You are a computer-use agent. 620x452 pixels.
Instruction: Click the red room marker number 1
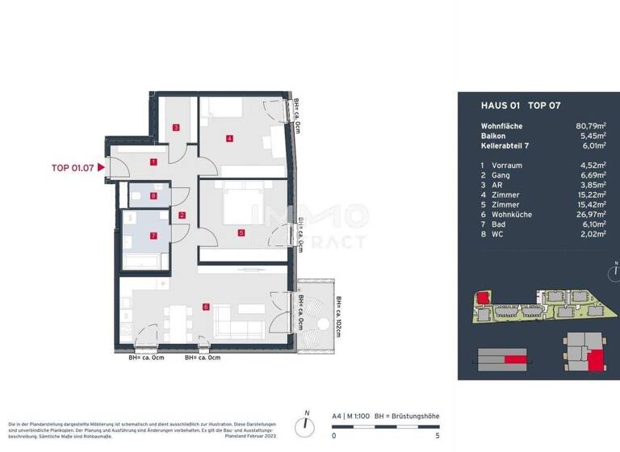click(153, 161)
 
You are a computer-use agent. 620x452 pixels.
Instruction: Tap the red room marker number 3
click(176, 128)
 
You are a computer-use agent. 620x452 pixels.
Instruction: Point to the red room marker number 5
click(241, 233)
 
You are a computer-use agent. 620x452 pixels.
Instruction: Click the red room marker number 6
click(207, 307)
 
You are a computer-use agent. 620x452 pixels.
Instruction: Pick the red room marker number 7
click(153, 236)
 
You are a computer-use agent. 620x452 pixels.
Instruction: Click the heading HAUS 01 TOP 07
click(509, 105)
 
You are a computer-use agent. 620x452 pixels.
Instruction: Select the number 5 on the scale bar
click(437, 435)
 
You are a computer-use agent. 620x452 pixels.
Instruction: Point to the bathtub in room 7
click(145, 261)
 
